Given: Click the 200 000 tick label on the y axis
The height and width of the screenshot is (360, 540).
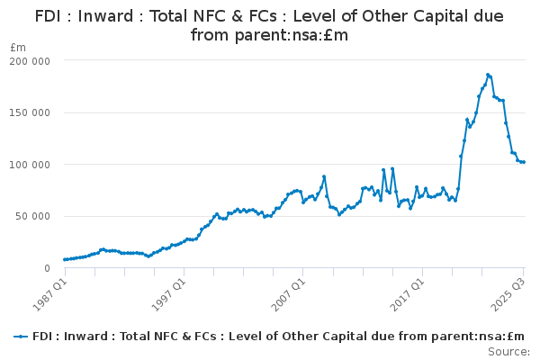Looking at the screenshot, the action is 30,61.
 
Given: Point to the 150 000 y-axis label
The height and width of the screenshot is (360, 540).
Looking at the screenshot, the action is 30,113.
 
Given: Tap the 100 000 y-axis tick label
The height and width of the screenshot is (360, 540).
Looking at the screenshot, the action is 30,165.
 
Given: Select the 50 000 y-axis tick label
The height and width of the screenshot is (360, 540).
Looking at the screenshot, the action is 32,216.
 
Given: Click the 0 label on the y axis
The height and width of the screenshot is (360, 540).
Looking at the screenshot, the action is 47,268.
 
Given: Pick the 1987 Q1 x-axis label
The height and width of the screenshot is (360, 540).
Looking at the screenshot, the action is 49,294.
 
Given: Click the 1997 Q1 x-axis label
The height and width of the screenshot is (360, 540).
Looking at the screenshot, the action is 169,294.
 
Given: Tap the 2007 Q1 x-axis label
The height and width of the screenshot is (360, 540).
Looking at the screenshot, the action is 288,294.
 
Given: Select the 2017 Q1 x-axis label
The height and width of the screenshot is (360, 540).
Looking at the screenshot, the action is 407,294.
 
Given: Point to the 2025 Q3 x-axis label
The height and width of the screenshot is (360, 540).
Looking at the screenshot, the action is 508,294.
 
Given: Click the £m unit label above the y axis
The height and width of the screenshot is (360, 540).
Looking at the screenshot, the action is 18,48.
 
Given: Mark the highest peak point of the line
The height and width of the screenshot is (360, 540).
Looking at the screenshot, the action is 488,75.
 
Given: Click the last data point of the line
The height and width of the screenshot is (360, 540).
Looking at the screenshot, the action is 524,162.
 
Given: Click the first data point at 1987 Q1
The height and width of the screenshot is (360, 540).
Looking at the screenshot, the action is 65,259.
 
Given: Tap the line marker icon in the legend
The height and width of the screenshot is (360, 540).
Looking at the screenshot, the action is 21,337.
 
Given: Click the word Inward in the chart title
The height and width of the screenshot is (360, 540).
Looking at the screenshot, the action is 105,16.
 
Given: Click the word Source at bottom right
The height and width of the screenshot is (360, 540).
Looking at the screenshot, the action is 508,352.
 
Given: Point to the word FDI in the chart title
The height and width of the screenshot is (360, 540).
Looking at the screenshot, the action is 48,16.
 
